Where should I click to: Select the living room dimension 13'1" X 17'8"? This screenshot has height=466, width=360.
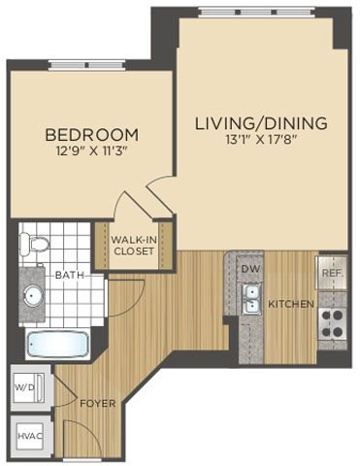tap(261, 141)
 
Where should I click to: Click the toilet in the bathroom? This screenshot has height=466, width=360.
tap(34, 244)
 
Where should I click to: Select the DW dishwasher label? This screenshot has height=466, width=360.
tap(250, 267)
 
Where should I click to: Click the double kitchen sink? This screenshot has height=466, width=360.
tap(251, 298)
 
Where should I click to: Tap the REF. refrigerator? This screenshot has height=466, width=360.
tap(332, 273)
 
